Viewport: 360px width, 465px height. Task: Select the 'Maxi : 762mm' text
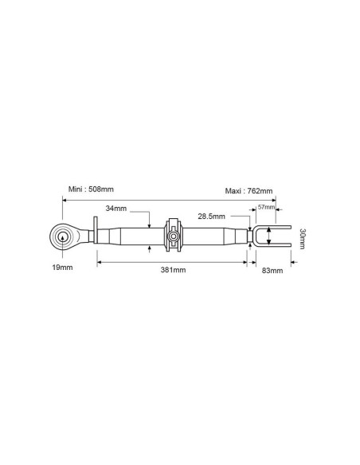[250, 190]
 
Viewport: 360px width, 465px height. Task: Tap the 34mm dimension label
[115, 209]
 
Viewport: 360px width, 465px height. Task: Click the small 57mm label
[265, 207]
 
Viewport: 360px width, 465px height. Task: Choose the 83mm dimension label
[272, 271]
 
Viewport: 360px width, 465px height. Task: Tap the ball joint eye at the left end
[62, 236]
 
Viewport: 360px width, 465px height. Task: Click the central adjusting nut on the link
[173, 236]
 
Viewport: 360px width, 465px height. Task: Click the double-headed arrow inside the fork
[268, 236]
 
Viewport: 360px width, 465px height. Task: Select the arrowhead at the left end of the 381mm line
[99, 260]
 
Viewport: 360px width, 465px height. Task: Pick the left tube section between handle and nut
[131, 236]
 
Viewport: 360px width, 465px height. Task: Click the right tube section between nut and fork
[213, 236]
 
